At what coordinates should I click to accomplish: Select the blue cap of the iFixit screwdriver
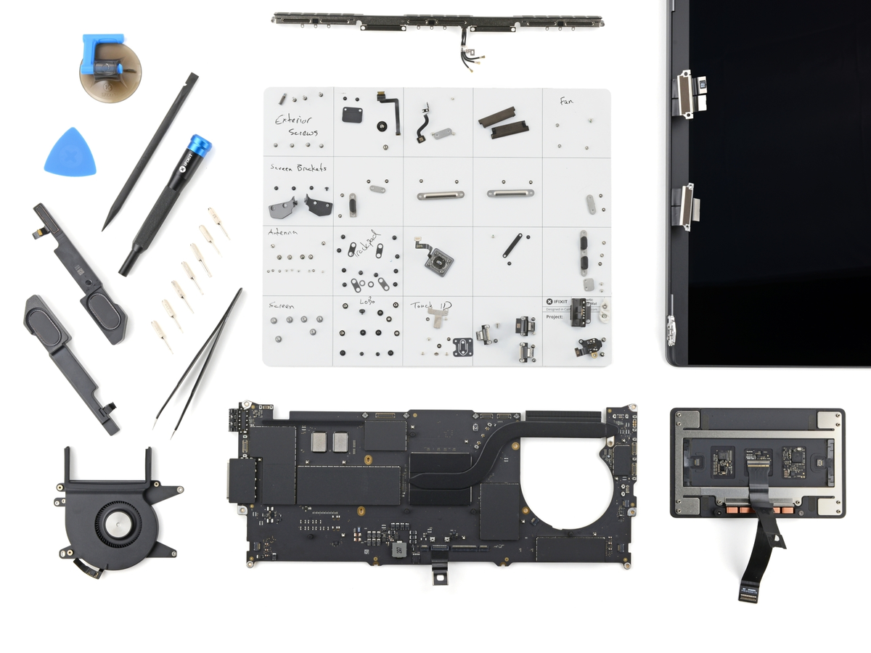(198, 146)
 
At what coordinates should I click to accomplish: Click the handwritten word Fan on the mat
(566, 102)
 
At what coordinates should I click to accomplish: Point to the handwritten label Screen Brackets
(298, 168)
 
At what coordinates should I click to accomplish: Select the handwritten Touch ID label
(430, 305)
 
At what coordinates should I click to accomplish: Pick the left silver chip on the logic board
(319, 443)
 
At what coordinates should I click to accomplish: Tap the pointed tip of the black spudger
(106, 226)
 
